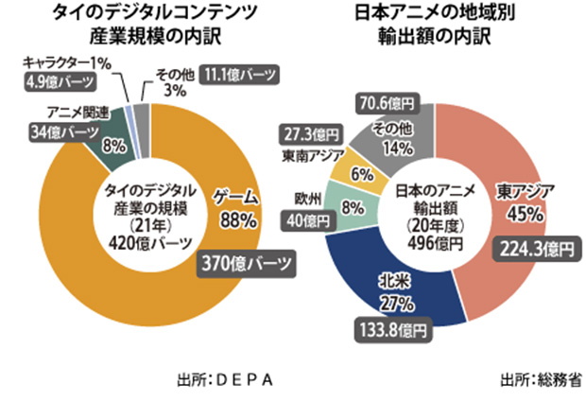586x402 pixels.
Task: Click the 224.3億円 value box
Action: click(535, 248)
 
